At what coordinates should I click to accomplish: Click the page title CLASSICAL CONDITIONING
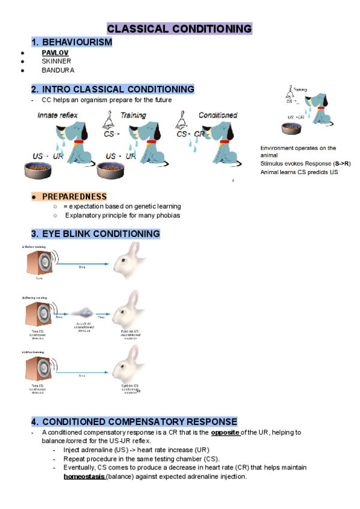coord(179,29)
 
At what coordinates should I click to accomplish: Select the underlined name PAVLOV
coord(55,53)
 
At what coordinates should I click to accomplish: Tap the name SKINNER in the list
coord(56,61)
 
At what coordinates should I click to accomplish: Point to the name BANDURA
coord(58,70)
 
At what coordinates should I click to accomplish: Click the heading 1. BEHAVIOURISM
coord(71,42)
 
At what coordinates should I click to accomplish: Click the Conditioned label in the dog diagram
coord(218,115)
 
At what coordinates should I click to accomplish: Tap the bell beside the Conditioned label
coord(181,122)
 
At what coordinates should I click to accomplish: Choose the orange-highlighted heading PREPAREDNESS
coord(74,196)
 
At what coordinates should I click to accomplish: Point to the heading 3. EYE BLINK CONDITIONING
coord(95,233)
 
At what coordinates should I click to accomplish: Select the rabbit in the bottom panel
coord(130,366)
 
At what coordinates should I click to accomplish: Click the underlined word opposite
coord(226,432)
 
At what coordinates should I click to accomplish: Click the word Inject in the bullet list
coord(73,450)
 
